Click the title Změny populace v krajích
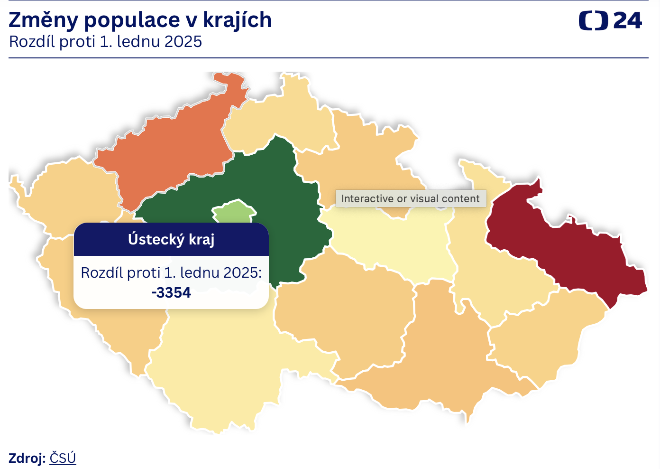click(140, 20)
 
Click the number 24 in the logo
click(627, 21)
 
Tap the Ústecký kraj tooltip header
click(171, 239)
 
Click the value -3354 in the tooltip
click(171, 293)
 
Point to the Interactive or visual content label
click(411, 198)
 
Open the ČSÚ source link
click(63, 458)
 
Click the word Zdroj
click(27, 458)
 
